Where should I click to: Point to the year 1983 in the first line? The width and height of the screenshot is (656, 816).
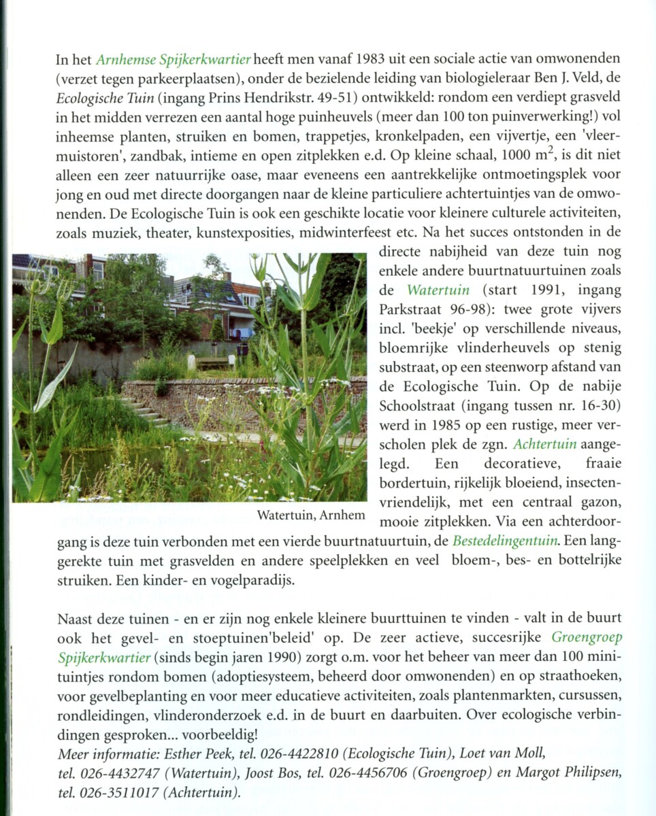376,59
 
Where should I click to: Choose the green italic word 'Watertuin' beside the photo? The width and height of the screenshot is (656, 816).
438,290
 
